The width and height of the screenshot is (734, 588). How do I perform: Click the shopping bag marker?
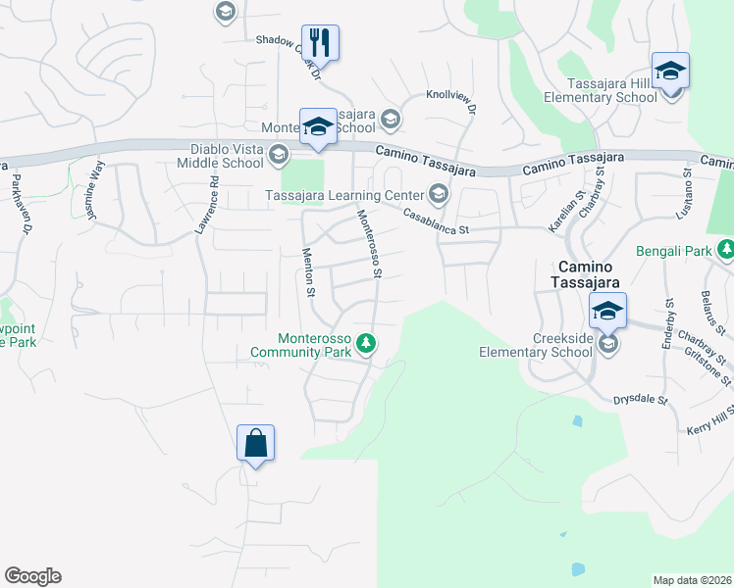coord(255,443)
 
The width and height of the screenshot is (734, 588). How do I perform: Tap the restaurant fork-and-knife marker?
coord(320,43)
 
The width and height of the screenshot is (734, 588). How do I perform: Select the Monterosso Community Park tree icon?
coord(366,342)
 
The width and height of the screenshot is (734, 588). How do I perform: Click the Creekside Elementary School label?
coord(536,345)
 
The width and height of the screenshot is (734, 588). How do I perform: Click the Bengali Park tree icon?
coord(725,251)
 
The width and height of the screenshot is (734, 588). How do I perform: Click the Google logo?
coord(32,576)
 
